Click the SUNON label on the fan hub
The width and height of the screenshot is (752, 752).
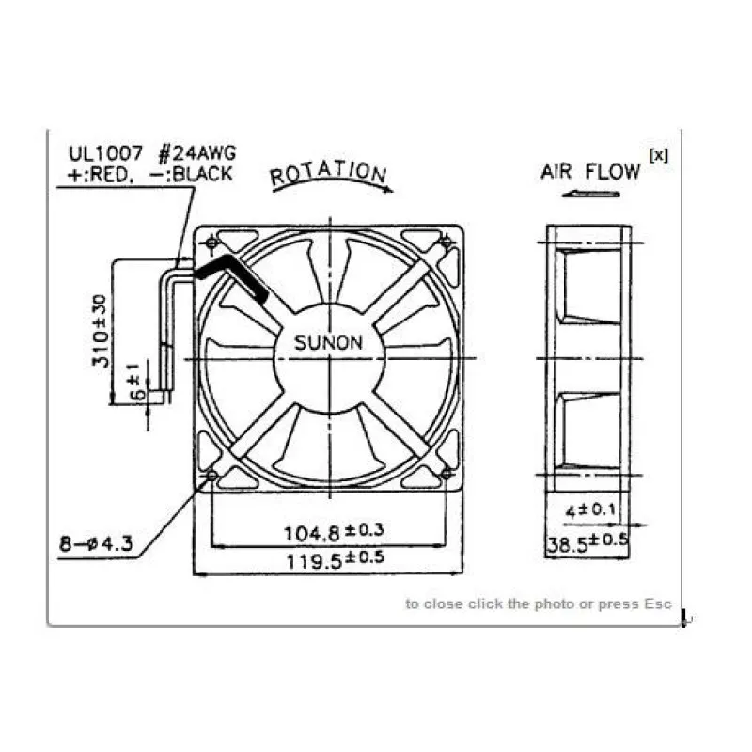tap(328, 342)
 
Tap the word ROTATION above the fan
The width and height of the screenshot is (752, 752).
tap(327, 174)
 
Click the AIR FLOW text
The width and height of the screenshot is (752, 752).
tap(589, 172)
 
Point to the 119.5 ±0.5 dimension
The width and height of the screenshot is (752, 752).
tap(339, 558)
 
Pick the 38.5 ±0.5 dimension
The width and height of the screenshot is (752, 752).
tap(587, 543)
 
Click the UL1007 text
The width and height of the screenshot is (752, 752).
tap(102, 153)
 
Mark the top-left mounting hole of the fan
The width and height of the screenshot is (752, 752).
tap(211, 243)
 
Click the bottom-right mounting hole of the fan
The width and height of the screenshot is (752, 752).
tap(446, 477)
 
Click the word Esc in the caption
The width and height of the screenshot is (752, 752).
tap(658, 603)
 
